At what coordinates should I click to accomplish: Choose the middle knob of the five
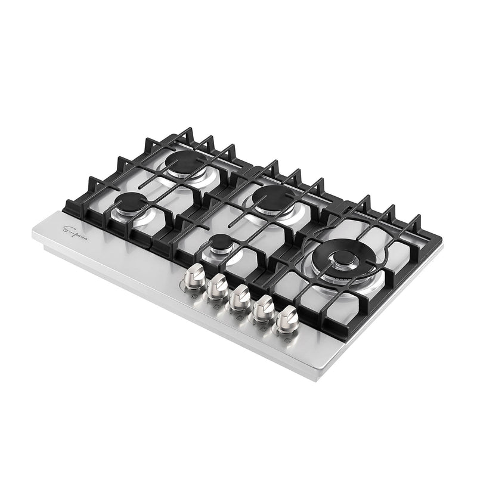click(x=240, y=296)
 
